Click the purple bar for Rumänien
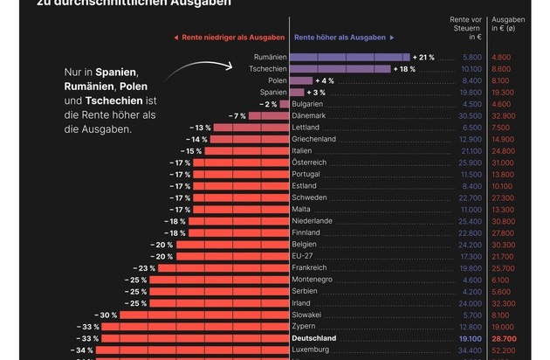350,56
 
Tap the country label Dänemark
311,115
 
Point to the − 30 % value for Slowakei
107,315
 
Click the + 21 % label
426,56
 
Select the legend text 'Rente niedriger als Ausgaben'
230,38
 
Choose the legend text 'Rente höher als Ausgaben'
340,38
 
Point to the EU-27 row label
305,255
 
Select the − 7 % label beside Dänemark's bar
237,115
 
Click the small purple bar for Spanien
297,92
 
